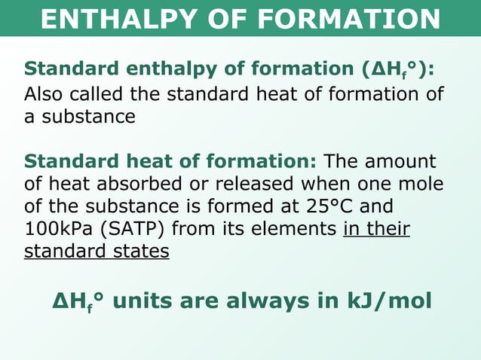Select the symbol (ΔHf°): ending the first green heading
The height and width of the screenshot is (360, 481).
pos(398,69)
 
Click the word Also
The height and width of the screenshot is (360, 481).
pos(44,96)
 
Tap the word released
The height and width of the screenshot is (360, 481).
pos(256,185)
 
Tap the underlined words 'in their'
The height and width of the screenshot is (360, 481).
pos(376,229)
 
